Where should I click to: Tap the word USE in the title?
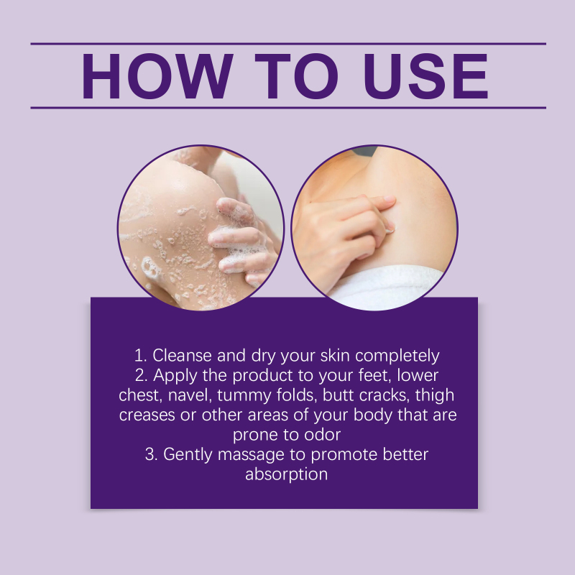(x=426, y=76)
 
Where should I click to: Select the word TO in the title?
(x=297, y=76)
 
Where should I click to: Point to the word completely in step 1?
(x=397, y=356)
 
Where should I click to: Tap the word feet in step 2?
(x=373, y=375)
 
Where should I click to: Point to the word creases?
(x=147, y=415)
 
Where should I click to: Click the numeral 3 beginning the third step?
(x=149, y=454)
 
